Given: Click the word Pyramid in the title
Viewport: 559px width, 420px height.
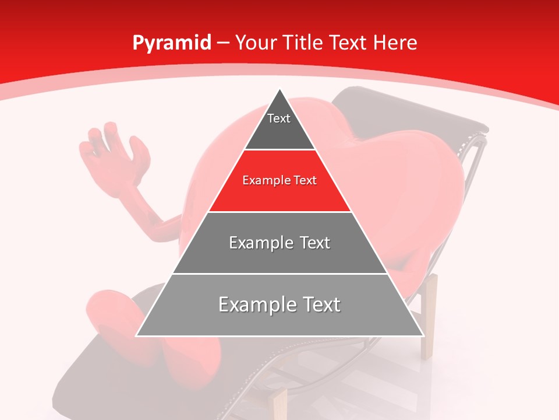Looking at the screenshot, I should click(172, 43).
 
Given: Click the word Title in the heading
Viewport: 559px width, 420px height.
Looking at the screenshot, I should click(303, 43).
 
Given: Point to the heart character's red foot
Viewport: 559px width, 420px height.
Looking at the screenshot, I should click(111, 309).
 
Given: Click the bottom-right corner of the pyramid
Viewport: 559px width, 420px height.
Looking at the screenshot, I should click(423, 335).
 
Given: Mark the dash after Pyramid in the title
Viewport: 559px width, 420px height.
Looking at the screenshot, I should click(223, 43).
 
